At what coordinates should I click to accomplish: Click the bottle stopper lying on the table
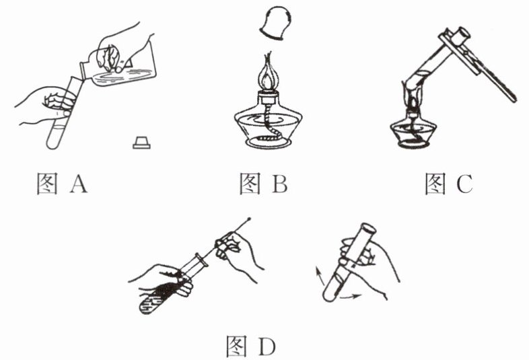pos(141,142)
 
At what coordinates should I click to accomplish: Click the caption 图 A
pos(61,183)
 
